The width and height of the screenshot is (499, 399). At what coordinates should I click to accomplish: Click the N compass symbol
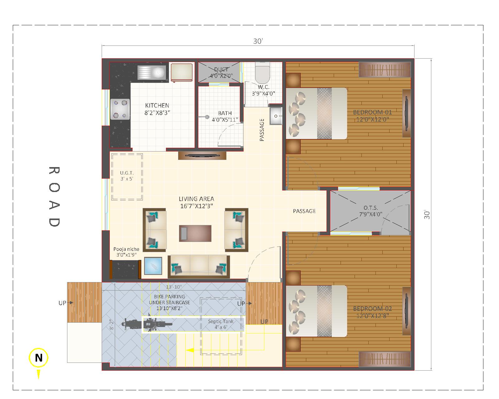point(38,358)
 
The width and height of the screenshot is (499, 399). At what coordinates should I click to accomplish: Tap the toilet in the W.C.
point(263,73)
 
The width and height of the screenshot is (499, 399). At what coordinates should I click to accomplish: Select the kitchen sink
point(152,72)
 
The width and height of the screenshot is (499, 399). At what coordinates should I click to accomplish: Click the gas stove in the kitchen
point(120,109)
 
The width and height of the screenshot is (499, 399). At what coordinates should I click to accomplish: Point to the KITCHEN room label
point(157,105)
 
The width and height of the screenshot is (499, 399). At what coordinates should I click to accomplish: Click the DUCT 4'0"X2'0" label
point(221,73)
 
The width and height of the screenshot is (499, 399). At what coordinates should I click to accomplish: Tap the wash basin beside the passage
point(276,116)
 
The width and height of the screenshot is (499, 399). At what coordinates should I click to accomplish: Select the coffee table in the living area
point(195,233)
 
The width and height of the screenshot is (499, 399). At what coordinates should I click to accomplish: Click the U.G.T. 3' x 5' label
point(127,176)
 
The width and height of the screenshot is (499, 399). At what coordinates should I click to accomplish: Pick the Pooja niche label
point(126,249)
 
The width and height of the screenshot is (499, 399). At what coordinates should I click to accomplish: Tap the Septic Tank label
point(221,321)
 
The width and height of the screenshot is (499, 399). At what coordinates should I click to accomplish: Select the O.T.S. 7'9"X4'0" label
point(371,211)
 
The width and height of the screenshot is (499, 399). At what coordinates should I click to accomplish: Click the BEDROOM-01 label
point(372,112)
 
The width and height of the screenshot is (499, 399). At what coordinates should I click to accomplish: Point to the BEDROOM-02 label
point(372,309)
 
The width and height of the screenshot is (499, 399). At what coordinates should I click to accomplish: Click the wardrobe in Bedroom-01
point(385,70)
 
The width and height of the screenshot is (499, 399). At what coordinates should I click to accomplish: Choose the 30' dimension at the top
point(258,41)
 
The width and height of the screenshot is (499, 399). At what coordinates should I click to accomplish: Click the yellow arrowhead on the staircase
point(190,350)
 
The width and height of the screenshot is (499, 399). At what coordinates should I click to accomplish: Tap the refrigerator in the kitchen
point(182,72)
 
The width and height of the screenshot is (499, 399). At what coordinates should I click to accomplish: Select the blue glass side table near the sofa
point(153,266)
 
